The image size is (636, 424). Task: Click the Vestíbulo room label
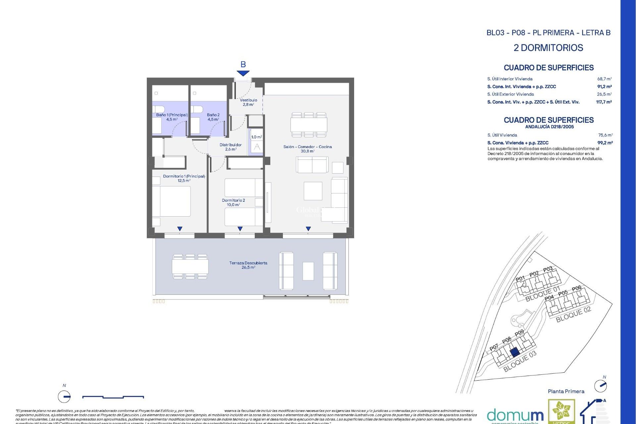click(x=248, y=102)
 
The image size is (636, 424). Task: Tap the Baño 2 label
click(x=213, y=117)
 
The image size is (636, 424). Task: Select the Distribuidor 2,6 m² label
click(x=231, y=147)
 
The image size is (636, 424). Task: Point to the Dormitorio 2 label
click(x=233, y=202)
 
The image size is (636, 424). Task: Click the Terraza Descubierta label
click(x=248, y=265)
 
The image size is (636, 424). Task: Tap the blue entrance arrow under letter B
click(x=243, y=73)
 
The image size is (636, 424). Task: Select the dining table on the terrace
click(x=190, y=266)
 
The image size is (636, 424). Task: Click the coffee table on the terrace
click(x=308, y=271)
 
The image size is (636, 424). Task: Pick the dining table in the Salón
click(x=309, y=125)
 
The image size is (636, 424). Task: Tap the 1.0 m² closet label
click(x=256, y=137)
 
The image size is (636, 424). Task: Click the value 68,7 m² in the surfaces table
click(x=604, y=79)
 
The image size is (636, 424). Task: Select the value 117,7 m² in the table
click(x=604, y=102)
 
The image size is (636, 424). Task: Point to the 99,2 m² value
click(x=605, y=143)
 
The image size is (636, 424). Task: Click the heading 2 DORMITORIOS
click(x=548, y=48)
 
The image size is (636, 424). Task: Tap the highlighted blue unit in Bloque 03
click(x=514, y=352)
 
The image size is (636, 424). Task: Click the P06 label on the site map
click(x=576, y=289)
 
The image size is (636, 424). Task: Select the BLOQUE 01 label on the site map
click(x=543, y=294)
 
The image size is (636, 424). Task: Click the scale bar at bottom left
click(x=113, y=397)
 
